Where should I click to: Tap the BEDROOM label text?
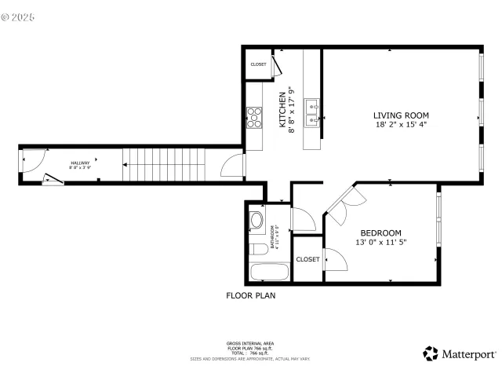coord(380,233)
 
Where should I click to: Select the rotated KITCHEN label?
coord(283,111)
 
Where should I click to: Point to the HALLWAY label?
coord(79,163)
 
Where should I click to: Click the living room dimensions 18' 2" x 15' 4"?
coord(400,124)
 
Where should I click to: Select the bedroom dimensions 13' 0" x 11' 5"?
coord(380,243)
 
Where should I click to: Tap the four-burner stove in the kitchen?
coord(254,118)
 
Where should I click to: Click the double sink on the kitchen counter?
coord(311,112)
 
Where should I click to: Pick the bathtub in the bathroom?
coord(269,272)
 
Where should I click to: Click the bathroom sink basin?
coord(256,221)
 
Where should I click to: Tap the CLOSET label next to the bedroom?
coord(307,259)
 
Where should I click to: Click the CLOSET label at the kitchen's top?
coord(258,64)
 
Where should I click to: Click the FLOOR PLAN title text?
coord(250,297)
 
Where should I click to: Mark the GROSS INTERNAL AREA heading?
coord(250,344)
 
